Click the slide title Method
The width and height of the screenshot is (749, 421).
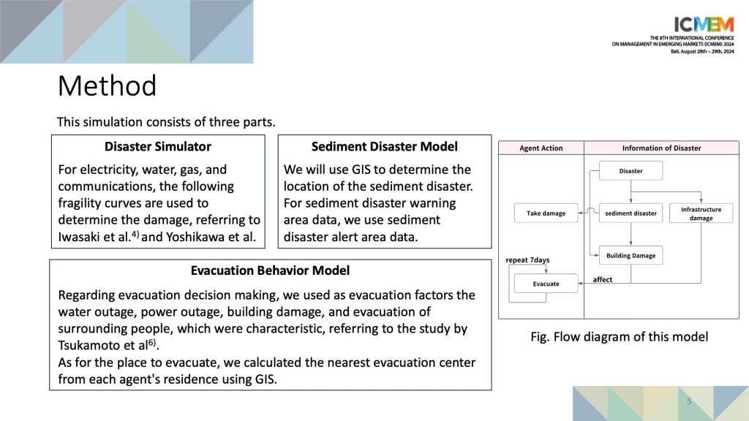[107, 86]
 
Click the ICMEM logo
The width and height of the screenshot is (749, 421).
[704, 24]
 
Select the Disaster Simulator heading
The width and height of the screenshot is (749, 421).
[158, 146]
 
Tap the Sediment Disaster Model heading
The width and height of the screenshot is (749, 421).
[385, 146]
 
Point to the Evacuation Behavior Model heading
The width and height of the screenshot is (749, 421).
[271, 270]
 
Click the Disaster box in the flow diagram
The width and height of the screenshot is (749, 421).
[631, 171]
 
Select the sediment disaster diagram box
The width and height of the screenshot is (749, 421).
[631, 213]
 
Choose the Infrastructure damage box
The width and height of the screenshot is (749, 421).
[701, 213]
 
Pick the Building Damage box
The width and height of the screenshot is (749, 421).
[631, 255]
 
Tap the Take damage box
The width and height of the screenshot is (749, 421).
[546, 213]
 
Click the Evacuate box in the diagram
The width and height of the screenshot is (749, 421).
[546, 284]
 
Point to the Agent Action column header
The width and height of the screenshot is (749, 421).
[541, 148]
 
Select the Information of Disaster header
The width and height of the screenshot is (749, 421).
[661, 148]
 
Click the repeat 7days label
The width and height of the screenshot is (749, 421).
[528, 260]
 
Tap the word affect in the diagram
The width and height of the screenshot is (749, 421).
[603, 280]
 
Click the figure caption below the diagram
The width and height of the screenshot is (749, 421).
[619, 337]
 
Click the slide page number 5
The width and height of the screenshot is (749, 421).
[689, 401]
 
